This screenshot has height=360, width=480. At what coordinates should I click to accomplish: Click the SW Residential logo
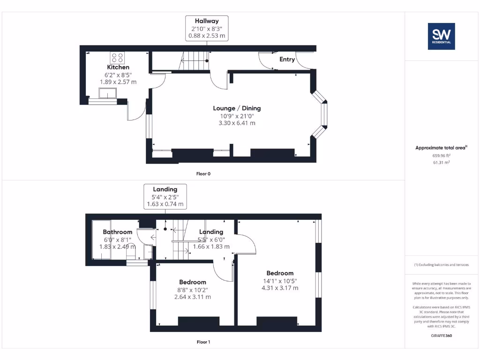click(441, 36)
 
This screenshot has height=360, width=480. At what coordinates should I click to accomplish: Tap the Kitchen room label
click(118, 67)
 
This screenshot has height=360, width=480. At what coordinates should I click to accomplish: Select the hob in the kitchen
click(117, 58)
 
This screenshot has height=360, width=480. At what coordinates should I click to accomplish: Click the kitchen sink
click(107, 94)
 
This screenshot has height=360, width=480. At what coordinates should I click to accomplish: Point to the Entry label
click(287, 59)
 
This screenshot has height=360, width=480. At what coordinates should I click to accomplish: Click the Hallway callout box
click(207, 28)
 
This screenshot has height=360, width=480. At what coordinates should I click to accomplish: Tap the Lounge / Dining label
click(237, 108)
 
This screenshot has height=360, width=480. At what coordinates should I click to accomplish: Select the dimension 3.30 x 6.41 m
click(237, 123)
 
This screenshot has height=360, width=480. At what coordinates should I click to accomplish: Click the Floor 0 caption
click(203, 173)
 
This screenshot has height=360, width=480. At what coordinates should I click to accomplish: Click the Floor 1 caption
click(203, 342)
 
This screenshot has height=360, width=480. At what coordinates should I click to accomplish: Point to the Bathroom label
click(118, 232)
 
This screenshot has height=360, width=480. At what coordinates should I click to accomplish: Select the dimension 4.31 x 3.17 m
click(280, 288)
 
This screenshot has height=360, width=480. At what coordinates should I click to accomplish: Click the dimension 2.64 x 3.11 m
click(193, 297)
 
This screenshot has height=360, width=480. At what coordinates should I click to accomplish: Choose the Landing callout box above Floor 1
click(165, 197)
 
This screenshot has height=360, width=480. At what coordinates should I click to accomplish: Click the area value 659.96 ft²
click(441, 156)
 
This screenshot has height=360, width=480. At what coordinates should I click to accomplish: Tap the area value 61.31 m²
click(441, 163)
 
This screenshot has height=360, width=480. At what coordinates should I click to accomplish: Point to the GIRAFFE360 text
click(441, 336)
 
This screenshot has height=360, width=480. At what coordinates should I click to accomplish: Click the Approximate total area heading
click(441, 148)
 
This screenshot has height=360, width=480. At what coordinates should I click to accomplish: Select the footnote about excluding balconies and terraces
click(441, 265)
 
